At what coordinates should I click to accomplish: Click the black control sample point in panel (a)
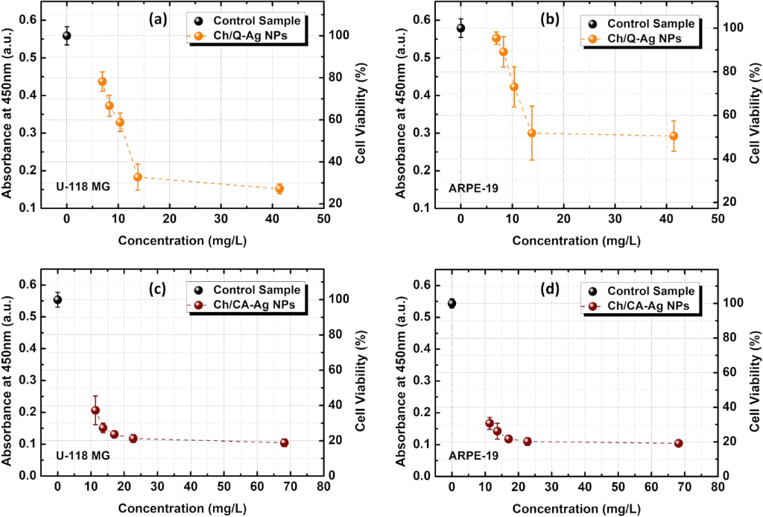click(x=66, y=35)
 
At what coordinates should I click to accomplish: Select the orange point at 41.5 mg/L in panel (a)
click(x=279, y=189)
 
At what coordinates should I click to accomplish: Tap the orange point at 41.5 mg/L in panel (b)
click(x=674, y=136)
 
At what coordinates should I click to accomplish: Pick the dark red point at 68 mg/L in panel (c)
click(x=284, y=442)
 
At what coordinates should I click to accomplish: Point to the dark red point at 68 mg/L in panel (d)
click(x=678, y=443)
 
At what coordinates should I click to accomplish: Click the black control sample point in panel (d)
click(x=452, y=303)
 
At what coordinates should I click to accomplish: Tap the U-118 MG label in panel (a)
click(x=83, y=186)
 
